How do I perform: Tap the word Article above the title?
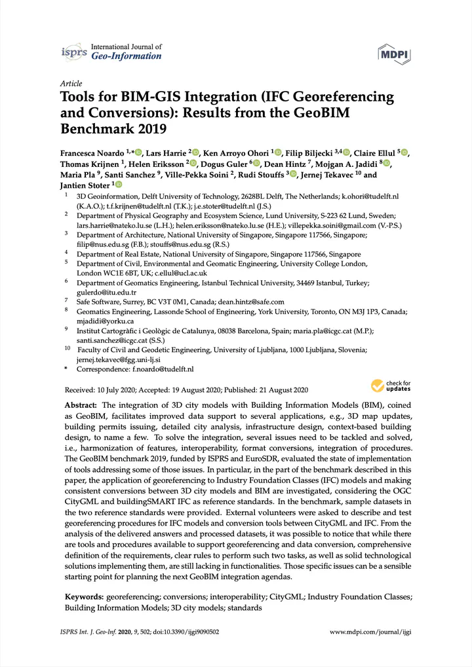[x=71, y=84]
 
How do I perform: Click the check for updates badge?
[x=391, y=386]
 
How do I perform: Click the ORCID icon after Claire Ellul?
[x=404, y=153]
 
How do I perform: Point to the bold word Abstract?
[x=81, y=406]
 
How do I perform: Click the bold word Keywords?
[x=84, y=597]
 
